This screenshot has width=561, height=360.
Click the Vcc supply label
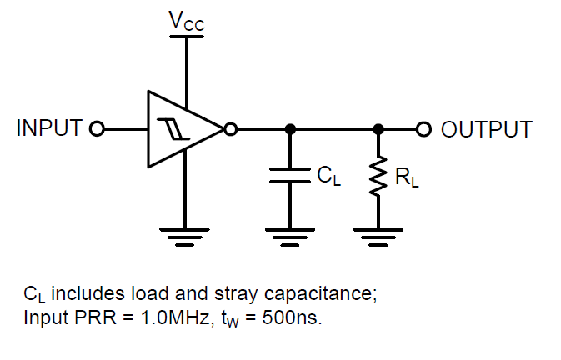(186, 20)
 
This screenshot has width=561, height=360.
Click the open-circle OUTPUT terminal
(423, 129)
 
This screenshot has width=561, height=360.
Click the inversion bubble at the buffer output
(230, 129)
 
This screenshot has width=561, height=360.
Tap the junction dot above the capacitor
(290, 129)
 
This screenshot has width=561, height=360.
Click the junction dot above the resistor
(378, 129)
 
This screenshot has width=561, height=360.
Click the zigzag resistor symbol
(378, 177)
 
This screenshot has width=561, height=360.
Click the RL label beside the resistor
(406, 177)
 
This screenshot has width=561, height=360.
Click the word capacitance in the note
(325, 294)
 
